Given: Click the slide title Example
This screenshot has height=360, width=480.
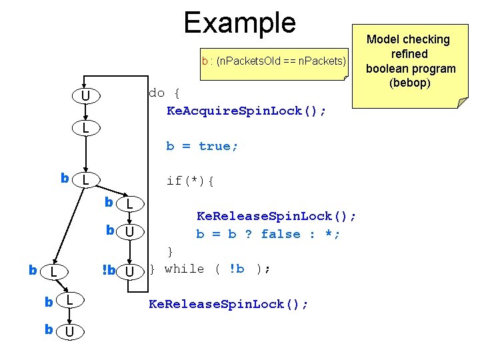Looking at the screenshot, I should pos(239,22).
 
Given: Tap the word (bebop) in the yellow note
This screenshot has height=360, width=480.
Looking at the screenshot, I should pos(411,83).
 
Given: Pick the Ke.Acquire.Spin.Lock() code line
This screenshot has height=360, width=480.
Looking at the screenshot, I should pos(246,110).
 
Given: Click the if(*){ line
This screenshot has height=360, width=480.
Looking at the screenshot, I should pos(190,181).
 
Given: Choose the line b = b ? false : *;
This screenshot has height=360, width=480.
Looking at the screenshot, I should pos(268,234).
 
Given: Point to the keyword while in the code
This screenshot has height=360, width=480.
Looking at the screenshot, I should pos(184,269).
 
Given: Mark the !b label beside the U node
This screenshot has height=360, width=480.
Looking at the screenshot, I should pos(108,271).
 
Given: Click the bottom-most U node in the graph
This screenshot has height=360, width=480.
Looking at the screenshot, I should pos(69,331).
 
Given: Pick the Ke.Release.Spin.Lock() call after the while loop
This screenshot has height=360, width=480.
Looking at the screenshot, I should pos(228,304).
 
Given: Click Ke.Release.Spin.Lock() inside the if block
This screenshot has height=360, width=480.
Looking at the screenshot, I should pos(276,216).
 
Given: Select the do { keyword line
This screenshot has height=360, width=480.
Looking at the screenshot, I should pos(164,93).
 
